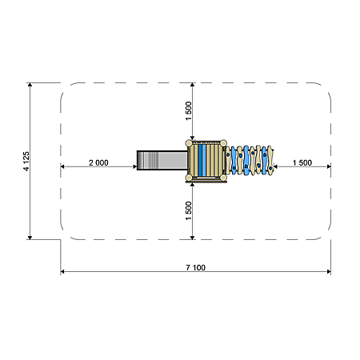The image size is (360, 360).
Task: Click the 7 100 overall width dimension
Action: (x=196, y=268)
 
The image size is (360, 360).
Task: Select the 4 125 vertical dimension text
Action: (x=26, y=162)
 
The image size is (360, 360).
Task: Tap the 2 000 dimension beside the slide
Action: (x=98, y=162)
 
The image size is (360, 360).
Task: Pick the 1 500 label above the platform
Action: (x=189, y=111)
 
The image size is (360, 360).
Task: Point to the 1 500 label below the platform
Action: (x=189, y=211)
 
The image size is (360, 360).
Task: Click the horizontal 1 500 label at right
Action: (x=302, y=162)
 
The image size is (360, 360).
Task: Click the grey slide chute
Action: (x=162, y=160)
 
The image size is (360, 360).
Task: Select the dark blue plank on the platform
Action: (x=200, y=160)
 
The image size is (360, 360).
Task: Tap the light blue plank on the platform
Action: (x=204, y=160)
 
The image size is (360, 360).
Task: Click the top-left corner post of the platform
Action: (x=189, y=143)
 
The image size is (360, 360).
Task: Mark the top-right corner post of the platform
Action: (x=223, y=143)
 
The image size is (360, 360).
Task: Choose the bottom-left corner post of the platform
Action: (x=189, y=178)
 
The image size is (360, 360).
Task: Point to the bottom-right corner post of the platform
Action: (x=223, y=178)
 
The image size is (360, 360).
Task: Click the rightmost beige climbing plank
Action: (x=270, y=160)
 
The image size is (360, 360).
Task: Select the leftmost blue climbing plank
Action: (x=234, y=160)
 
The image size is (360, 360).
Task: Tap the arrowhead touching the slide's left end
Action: (x=134, y=166)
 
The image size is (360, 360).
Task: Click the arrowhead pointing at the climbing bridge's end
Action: (x=276, y=166)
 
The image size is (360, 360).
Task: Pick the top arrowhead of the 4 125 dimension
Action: (x=30, y=85)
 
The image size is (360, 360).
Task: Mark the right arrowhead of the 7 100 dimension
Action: (x=329, y=272)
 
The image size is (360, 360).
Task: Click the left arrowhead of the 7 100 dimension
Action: (x=62, y=272)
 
